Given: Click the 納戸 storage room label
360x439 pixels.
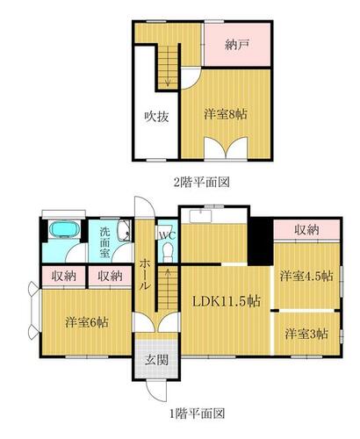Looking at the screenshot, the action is [x=237, y=45].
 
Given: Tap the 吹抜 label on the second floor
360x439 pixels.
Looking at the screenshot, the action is [x=157, y=117].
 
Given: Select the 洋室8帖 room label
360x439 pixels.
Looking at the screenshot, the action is [x=226, y=114].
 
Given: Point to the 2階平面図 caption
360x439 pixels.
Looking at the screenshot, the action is [x=202, y=183].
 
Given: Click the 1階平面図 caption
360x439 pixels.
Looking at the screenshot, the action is [x=198, y=414].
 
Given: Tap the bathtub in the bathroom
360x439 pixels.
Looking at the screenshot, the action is [x=64, y=228].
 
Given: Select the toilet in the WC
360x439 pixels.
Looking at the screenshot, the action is [x=168, y=253].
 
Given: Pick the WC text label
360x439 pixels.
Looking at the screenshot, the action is [x=167, y=235].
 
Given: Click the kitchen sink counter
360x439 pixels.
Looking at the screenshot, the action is [x=200, y=216].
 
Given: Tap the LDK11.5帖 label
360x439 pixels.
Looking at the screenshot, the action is [x=226, y=301].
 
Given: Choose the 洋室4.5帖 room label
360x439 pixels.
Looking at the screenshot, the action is [x=306, y=276].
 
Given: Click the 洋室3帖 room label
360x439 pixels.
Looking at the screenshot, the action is [x=306, y=334].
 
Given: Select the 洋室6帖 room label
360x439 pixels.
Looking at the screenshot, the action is [x=87, y=322].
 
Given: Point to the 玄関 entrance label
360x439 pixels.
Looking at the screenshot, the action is [x=157, y=360].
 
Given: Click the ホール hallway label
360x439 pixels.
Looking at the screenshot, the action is [x=144, y=275].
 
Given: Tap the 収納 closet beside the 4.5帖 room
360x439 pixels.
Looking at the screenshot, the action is [x=306, y=230].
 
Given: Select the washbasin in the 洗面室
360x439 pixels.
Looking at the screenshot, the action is [x=124, y=230].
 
